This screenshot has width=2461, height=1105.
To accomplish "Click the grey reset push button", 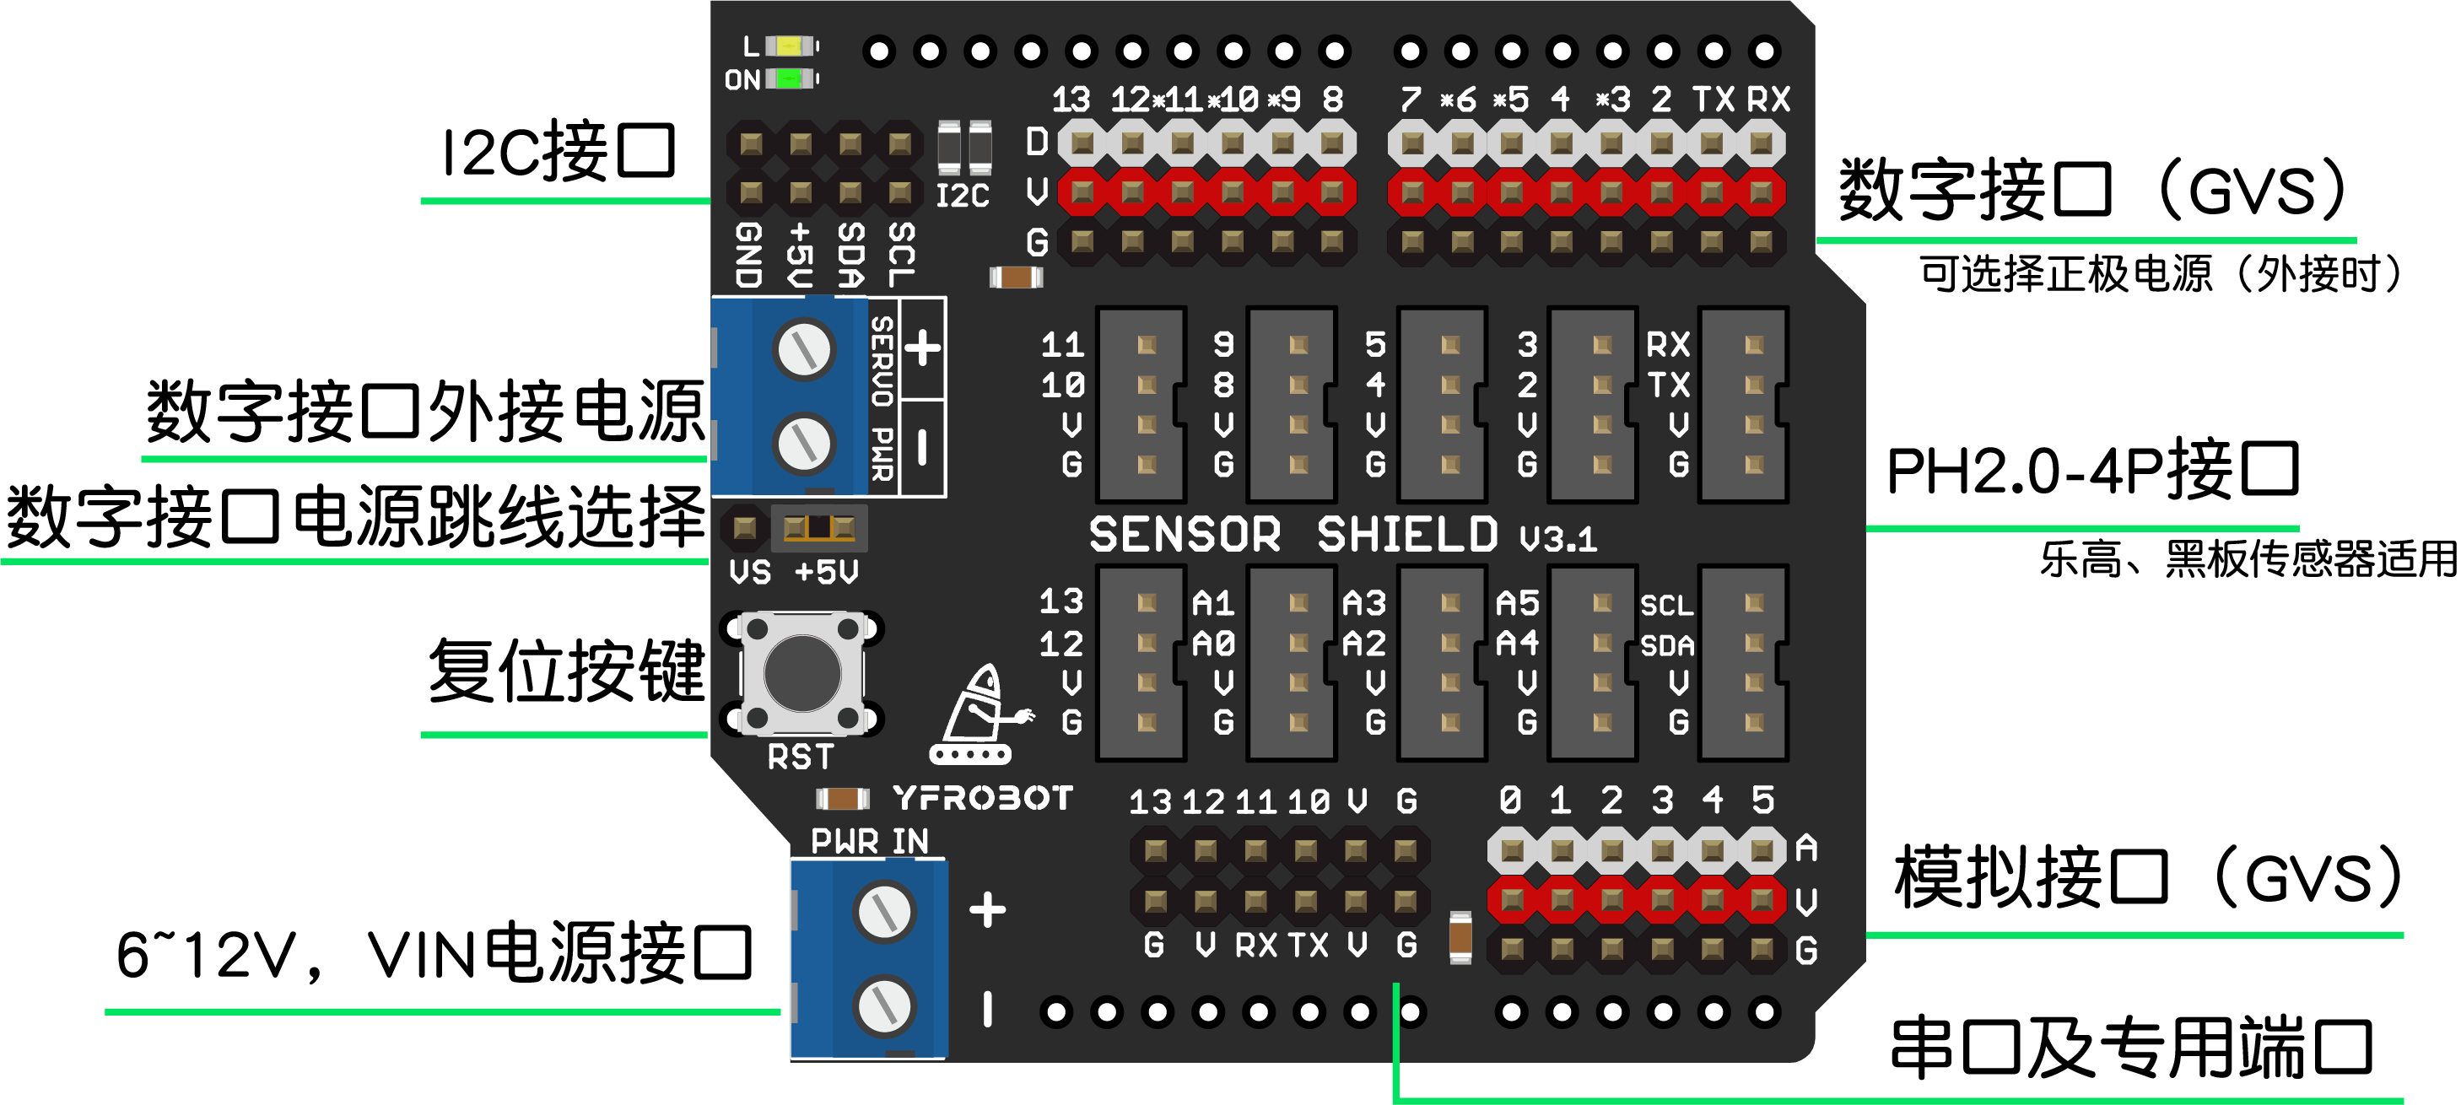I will (x=802, y=672).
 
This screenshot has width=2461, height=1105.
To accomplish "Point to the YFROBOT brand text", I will (x=982, y=797).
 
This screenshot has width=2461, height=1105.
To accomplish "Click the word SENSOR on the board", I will (x=1185, y=534).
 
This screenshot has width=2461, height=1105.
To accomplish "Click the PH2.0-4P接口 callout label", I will (x=2092, y=471).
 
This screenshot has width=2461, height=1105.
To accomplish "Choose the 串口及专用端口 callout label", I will (x=2130, y=1048).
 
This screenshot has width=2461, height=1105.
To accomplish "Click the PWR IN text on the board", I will (x=869, y=840).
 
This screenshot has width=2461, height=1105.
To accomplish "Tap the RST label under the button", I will (x=801, y=757).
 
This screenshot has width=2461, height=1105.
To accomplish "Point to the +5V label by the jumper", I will (x=827, y=572).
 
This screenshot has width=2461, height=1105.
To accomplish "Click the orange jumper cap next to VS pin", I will (x=818, y=527).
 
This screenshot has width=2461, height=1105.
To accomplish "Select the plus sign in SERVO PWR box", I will (x=922, y=348).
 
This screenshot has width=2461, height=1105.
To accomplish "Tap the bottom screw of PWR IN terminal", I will (x=885, y=1005).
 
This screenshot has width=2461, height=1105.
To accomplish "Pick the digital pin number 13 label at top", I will (x=1070, y=100).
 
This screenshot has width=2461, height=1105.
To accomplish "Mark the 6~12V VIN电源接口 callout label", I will (x=434, y=954).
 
